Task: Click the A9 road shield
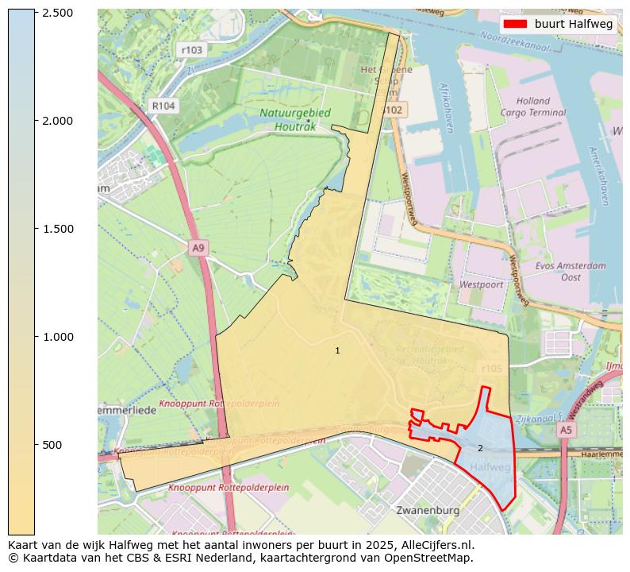(199, 248)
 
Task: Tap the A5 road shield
(565, 430)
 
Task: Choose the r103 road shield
(191, 49)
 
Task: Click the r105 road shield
(492, 369)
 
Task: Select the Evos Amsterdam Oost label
(570, 272)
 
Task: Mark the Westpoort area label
(481, 284)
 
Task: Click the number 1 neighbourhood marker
(337, 350)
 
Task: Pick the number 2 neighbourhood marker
(480, 448)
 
